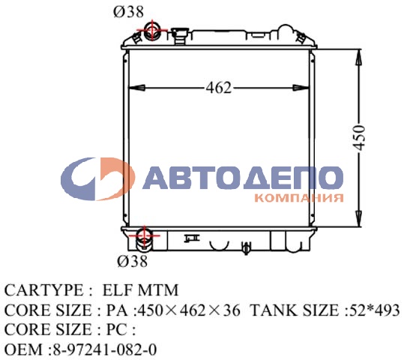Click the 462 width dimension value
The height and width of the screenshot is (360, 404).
pyautogui.click(x=218, y=88)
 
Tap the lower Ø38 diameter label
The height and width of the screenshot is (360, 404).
pyautogui.click(x=133, y=261)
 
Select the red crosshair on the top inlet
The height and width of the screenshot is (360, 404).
pyautogui.click(x=152, y=31)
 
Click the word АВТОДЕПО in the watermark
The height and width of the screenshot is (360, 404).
pyautogui.click(x=241, y=178)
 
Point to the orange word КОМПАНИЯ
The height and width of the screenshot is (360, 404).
pyautogui.click(x=299, y=199)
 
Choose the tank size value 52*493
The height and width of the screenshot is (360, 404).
pyautogui.click(x=375, y=310)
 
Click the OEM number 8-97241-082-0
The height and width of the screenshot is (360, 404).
pyautogui.click(x=104, y=349)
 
